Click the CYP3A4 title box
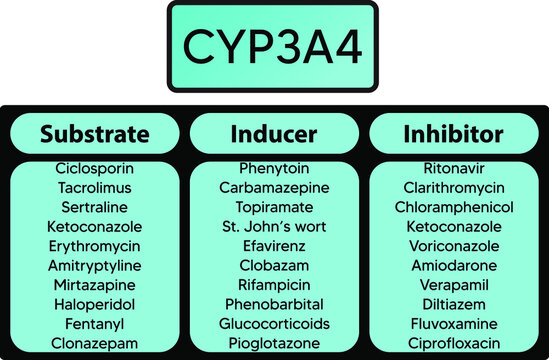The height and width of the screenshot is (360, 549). click(x=273, y=47)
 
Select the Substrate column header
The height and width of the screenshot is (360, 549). click(x=94, y=133)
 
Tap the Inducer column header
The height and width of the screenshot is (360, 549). click(x=273, y=133)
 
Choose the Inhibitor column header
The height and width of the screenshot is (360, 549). click(x=452, y=133)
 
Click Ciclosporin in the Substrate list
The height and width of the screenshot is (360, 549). click(x=94, y=168)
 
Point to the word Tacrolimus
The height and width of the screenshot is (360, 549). click(x=94, y=187)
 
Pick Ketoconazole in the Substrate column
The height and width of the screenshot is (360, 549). click(x=94, y=226)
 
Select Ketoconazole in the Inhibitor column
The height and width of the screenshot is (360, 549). click(x=452, y=226)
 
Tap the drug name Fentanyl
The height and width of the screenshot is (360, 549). click(x=94, y=323)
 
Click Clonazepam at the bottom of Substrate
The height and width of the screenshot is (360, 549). click(x=94, y=342)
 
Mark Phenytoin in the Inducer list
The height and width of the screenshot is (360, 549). click(x=273, y=168)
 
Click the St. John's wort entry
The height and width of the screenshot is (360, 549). click(x=273, y=226)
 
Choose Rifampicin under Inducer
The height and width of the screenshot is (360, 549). click(x=273, y=284)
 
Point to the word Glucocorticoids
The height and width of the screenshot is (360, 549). click(x=273, y=323)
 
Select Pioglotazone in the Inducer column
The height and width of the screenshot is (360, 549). click(x=273, y=342)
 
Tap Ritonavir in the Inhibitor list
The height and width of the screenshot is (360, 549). click(x=452, y=168)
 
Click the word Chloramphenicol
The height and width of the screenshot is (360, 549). click(x=452, y=207)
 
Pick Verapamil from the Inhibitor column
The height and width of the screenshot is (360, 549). click(x=452, y=284)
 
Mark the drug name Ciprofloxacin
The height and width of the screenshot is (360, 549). click(x=452, y=342)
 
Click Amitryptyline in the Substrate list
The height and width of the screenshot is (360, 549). click(x=94, y=265)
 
